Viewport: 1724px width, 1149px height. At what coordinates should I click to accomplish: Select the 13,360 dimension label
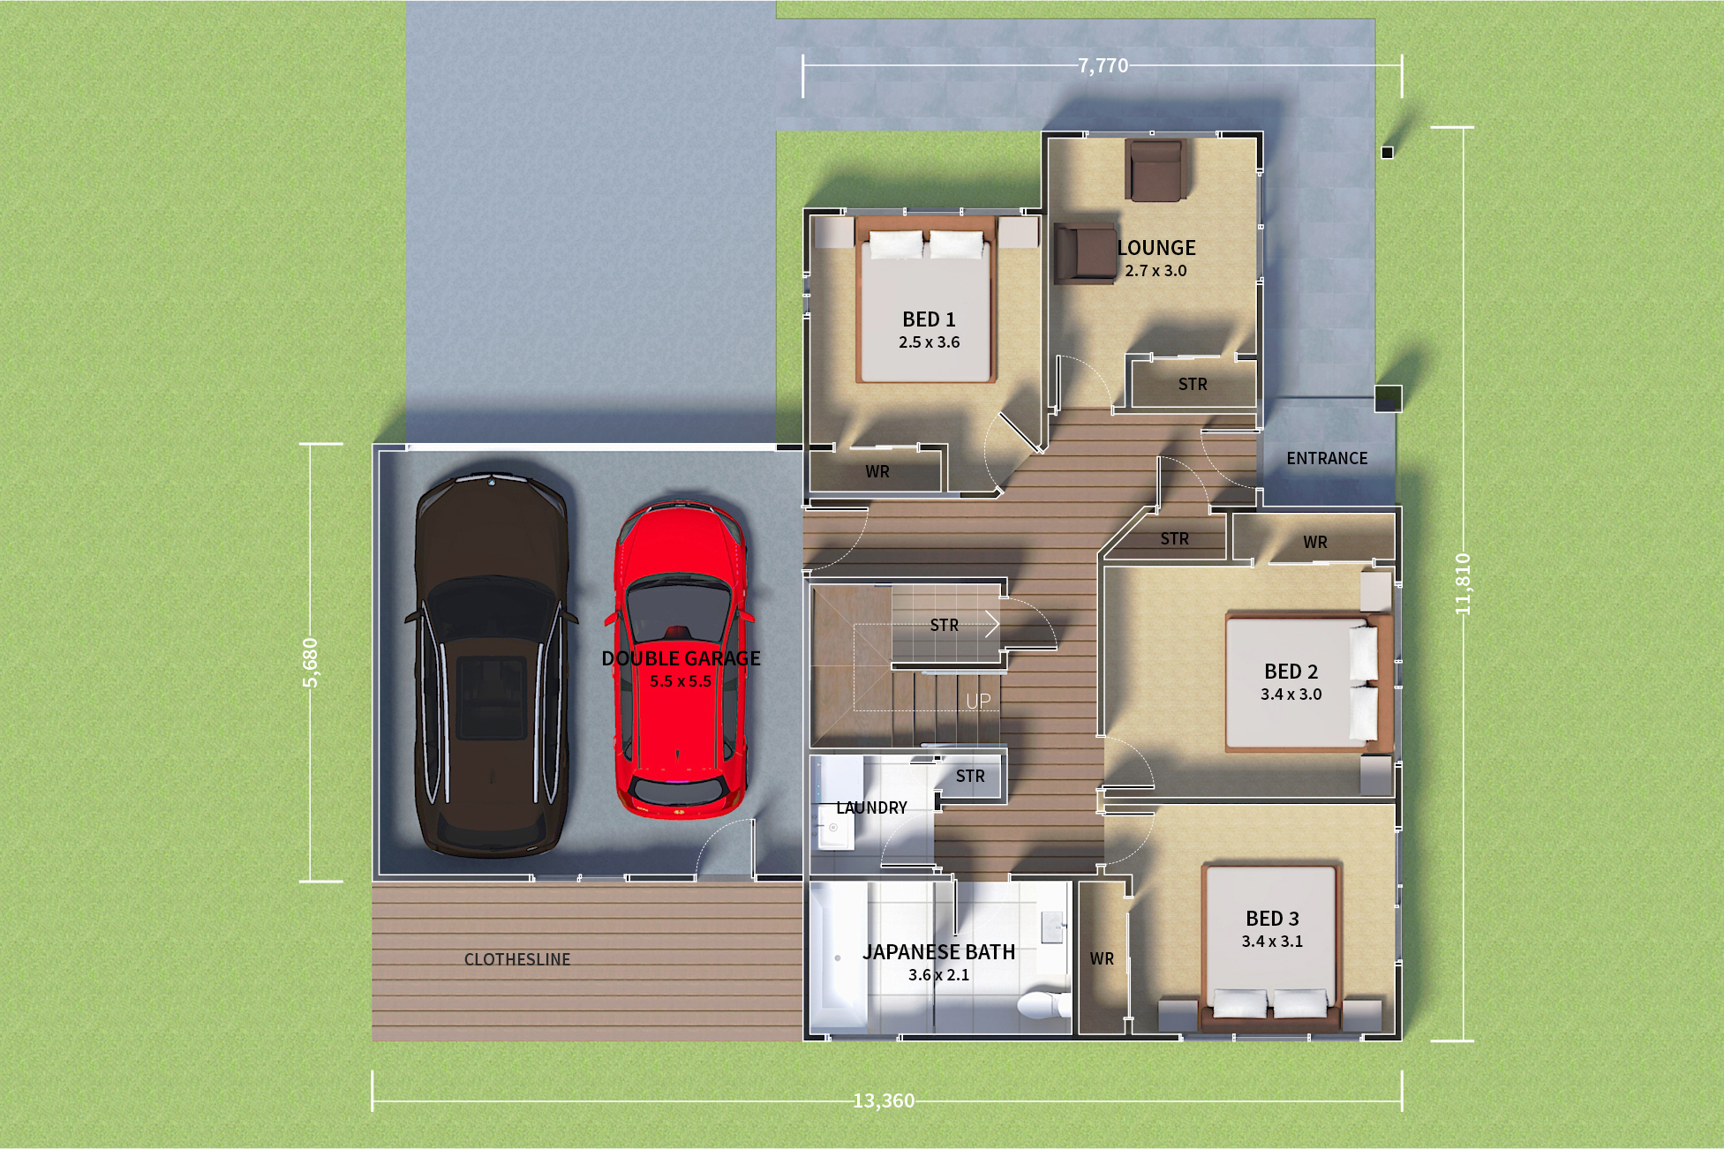click(884, 1101)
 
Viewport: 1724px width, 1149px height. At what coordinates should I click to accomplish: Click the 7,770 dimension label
click(1103, 66)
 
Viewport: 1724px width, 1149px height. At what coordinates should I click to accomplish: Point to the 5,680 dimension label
click(311, 662)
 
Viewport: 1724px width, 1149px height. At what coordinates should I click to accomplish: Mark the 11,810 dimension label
click(1463, 583)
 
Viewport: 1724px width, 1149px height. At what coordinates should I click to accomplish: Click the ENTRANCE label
click(1327, 458)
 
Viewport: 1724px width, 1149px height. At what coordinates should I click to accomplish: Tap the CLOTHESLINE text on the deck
click(517, 959)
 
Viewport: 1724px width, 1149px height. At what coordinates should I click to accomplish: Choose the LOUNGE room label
click(1156, 248)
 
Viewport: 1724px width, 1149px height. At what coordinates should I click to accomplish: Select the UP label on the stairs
click(978, 702)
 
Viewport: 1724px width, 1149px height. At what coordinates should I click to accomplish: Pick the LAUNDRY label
click(871, 807)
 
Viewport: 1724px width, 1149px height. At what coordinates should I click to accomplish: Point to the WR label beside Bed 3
click(1102, 958)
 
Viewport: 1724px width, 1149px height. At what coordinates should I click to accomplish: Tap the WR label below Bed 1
click(877, 471)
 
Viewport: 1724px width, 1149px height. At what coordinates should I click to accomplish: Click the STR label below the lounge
click(1193, 384)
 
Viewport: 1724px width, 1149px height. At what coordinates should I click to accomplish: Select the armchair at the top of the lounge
click(1154, 169)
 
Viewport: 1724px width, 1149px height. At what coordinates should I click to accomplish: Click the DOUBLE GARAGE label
click(681, 658)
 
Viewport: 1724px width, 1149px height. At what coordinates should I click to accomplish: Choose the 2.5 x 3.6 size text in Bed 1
click(929, 342)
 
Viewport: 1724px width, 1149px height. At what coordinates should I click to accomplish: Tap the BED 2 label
click(1291, 672)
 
